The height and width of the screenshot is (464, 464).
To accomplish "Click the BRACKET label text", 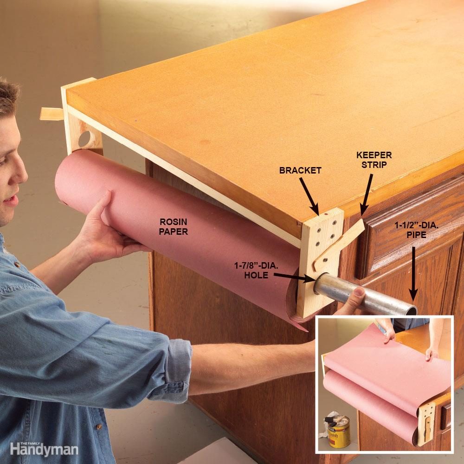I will coord(300,170).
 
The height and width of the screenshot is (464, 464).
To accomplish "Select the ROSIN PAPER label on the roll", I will coord(174,226).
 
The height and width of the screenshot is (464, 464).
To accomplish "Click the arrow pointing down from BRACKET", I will coord(308,194).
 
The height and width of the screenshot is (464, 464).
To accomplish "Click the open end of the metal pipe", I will coord(411,310).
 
